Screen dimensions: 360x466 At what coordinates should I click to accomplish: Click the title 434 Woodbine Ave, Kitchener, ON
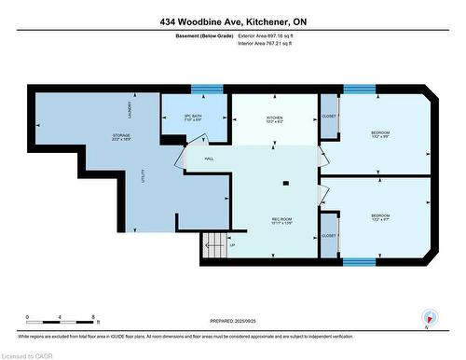pos(232,21)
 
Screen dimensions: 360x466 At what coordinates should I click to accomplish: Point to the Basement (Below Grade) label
pos(204,36)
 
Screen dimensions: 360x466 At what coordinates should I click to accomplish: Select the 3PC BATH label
pos(194,118)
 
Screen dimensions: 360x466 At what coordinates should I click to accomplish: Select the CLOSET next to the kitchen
pos(329,117)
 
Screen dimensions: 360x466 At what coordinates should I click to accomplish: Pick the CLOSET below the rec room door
pos(329,236)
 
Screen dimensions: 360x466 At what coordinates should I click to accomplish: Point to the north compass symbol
pos(428,317)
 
